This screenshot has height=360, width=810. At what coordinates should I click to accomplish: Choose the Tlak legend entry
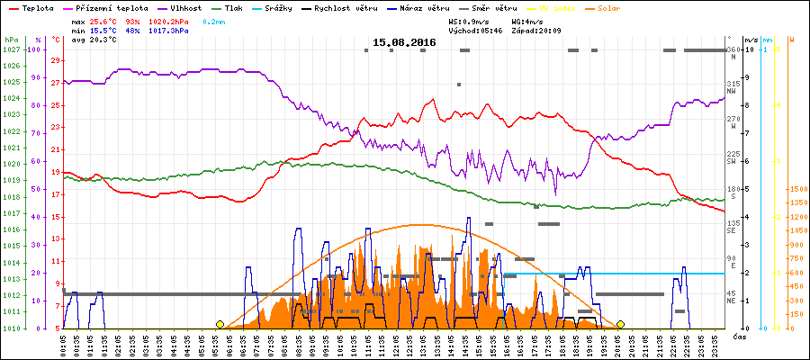point(234,7)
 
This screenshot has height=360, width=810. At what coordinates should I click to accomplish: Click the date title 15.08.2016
point(405,43)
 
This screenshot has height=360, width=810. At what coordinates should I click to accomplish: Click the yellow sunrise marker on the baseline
point(220,324)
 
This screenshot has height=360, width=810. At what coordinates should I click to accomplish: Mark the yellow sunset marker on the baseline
point(620,324)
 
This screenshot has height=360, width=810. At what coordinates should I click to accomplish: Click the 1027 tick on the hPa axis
point(11,49)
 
